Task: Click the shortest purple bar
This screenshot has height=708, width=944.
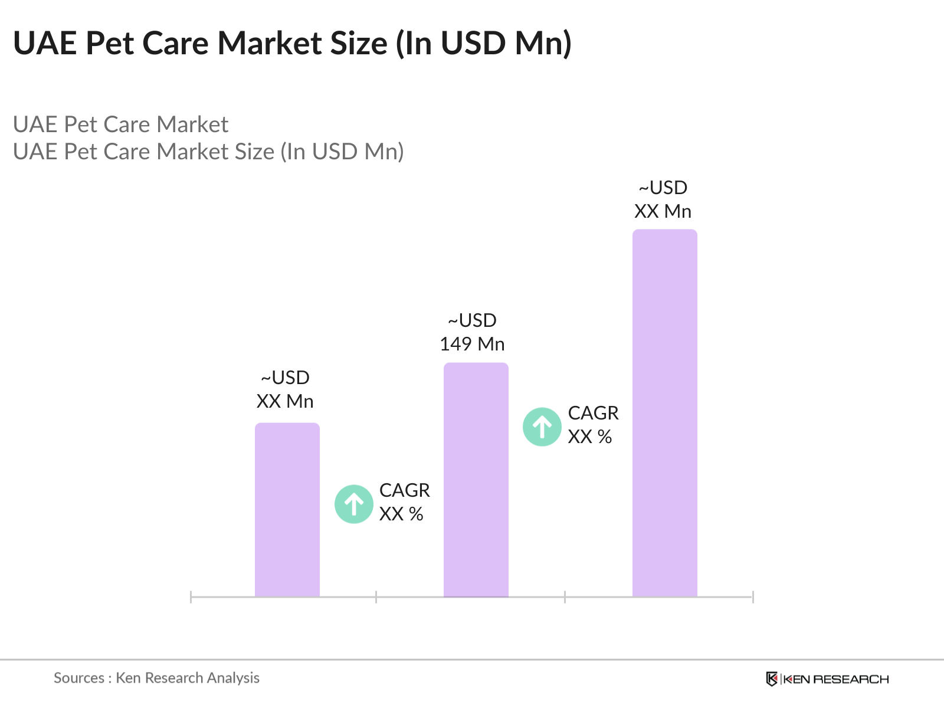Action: [287, 510]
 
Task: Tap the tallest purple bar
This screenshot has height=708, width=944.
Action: [664, 413]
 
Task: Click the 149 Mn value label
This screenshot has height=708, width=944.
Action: [472, 344]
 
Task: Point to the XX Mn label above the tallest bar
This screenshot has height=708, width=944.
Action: [663, 211]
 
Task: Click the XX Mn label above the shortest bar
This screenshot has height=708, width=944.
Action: [285, 401]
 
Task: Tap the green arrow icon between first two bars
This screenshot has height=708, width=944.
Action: [354, 504]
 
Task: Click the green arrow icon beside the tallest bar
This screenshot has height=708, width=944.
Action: [542, 427]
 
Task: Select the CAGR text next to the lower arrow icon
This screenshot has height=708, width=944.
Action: [404, 490]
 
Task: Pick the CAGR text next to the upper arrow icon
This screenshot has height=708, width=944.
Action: [593, 413]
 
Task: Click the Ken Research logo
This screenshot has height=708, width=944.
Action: [827, 679]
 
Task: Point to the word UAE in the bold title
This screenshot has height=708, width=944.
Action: [45, 43]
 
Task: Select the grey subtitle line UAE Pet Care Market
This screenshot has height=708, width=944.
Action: [120, 124]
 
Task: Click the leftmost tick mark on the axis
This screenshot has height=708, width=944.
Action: [191, 597]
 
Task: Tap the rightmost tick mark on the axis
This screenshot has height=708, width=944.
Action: [753, 597]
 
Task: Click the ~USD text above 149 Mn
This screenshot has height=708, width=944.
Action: [472, 320]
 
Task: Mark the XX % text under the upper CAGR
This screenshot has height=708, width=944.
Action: [589, 437]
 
